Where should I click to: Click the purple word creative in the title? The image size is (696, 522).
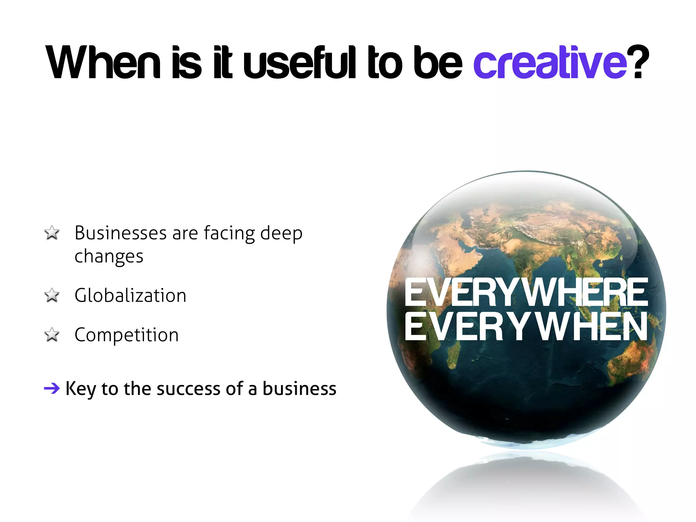click(x=550, y=63)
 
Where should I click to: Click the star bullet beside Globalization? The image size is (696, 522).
click(x=52, y=295)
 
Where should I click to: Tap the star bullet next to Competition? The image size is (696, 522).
click(x=52, y=335)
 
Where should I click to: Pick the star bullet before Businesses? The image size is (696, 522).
click(x=52, y=233)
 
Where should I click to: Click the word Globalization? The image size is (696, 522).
click(x=130, y=295)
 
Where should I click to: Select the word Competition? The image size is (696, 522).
click(x=126, y=335)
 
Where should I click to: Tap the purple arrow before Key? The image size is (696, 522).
click(x=52, y=388)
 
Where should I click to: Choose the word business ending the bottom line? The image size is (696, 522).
click(x=299, y=388)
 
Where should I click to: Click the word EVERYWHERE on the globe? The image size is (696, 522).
click(x=526, y=292)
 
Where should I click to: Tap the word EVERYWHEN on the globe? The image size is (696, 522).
click(x=526, y=327)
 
